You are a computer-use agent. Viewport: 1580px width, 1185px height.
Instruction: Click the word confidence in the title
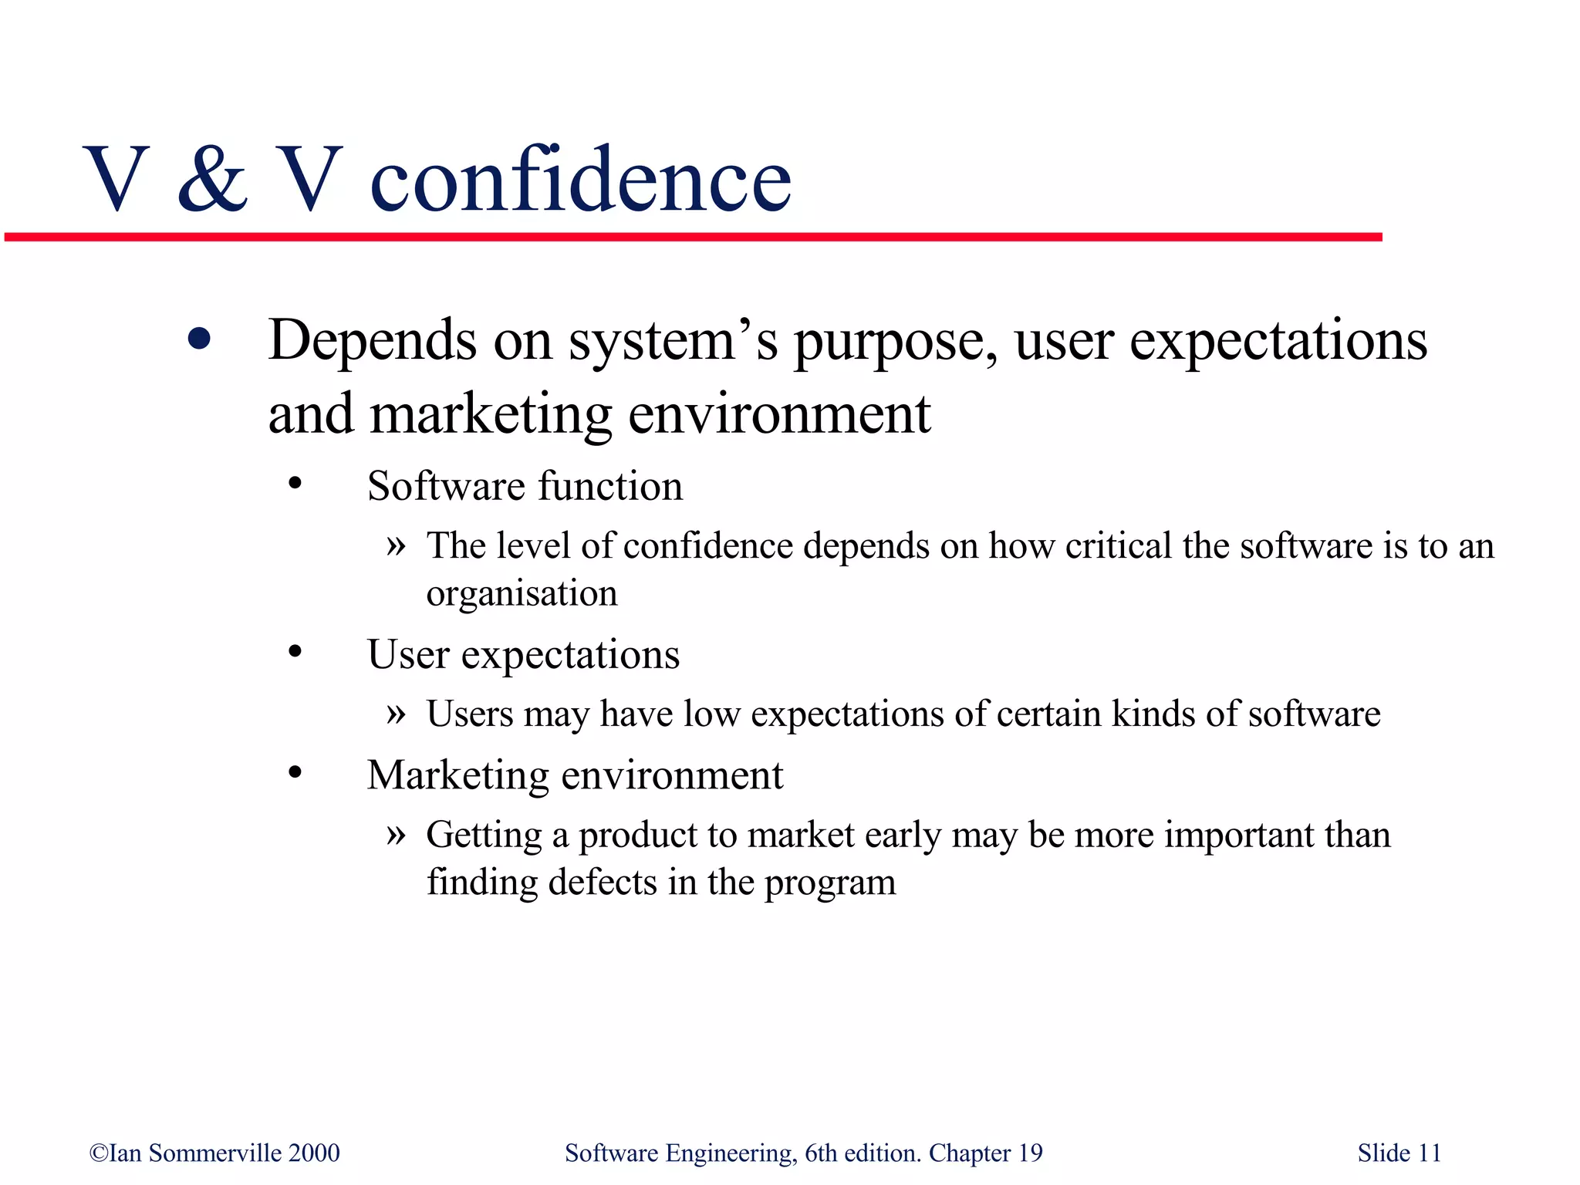580,181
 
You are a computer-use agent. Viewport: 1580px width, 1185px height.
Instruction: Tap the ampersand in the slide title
213,179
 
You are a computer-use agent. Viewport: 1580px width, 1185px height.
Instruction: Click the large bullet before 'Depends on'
199,339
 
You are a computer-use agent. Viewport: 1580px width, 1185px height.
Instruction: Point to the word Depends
372,340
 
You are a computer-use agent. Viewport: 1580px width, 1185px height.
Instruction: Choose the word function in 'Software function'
610,486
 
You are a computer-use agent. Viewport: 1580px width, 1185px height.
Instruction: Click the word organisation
522,594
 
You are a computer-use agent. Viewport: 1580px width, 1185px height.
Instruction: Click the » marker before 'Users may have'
396,714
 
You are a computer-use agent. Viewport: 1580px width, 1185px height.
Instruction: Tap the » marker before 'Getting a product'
396,834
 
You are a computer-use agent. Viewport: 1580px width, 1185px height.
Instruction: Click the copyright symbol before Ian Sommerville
99,1153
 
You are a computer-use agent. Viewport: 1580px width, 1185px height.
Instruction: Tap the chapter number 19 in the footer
1030,1153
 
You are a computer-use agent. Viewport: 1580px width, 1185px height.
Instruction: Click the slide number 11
1430,1153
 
